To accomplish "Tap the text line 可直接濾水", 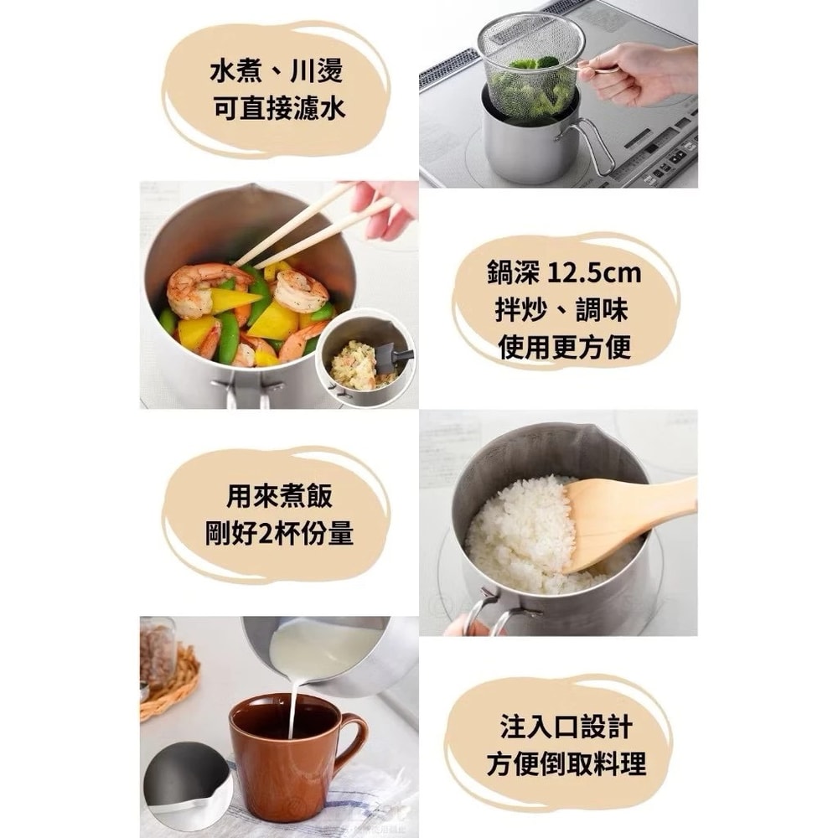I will (x=276, y=110).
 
